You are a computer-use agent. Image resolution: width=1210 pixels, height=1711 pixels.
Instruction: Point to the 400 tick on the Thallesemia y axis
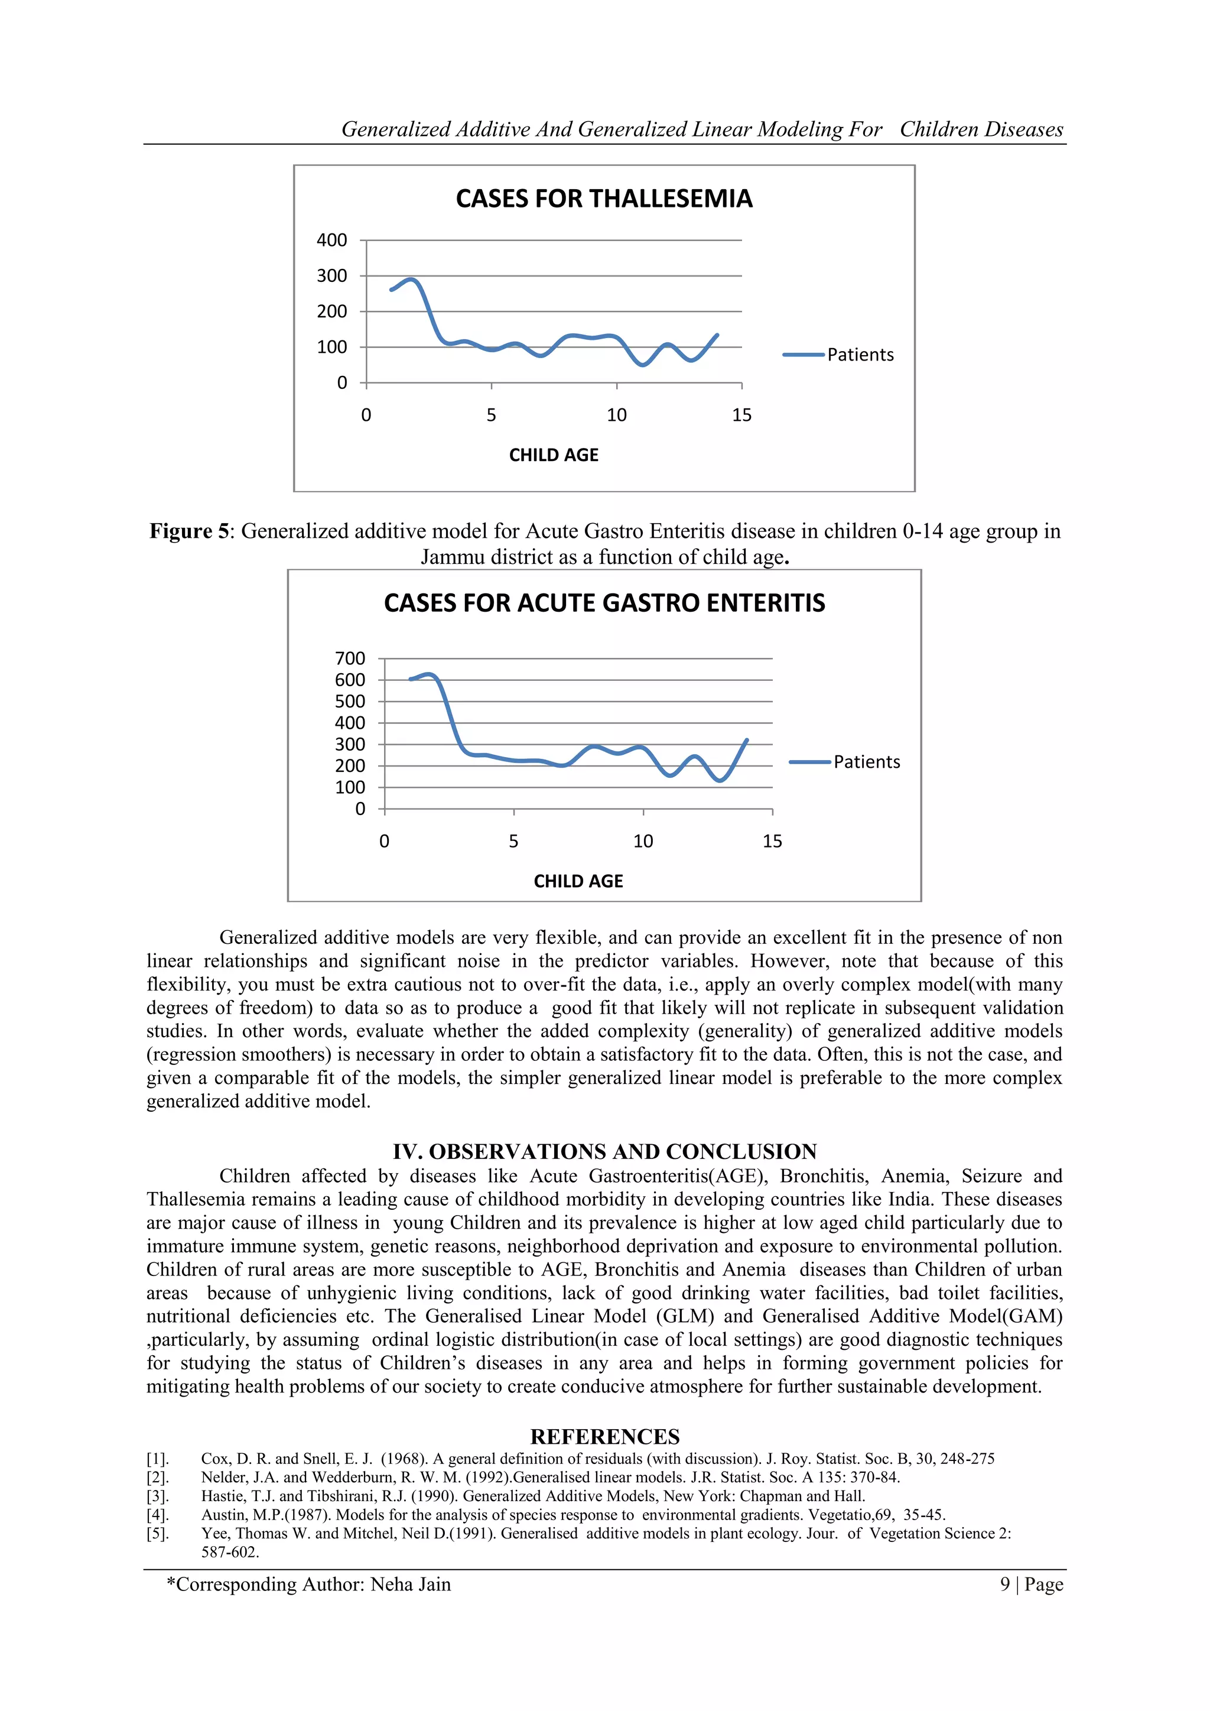click(x=331, y=240)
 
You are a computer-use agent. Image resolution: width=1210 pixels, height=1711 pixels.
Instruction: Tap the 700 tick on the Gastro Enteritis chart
click(x=350, y=658)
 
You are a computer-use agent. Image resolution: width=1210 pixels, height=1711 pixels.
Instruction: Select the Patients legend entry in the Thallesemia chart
click(x=859, y=355)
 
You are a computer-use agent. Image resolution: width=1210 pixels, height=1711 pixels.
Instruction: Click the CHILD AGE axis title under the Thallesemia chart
click(x=553, y=455)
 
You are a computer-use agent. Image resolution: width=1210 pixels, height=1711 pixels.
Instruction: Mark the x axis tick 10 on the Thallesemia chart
click(x=616, y=415)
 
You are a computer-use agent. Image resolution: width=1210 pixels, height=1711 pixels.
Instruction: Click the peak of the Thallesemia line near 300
click(x=412, y=280)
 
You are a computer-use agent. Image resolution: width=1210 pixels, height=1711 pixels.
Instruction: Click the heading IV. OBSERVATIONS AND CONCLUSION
click(x=604, y=1151)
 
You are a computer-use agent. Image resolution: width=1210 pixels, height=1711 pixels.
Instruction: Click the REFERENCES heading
click(x=604, y=1437)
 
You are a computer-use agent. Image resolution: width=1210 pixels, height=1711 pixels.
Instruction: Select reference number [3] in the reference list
click(x=157, y=1496)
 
